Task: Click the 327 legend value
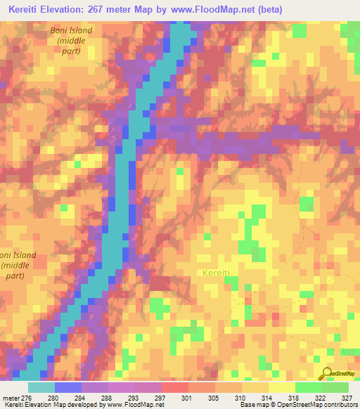tap(346, 398)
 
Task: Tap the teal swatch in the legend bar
tap(41, 387)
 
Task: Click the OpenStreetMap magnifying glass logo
tap(326, 373)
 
